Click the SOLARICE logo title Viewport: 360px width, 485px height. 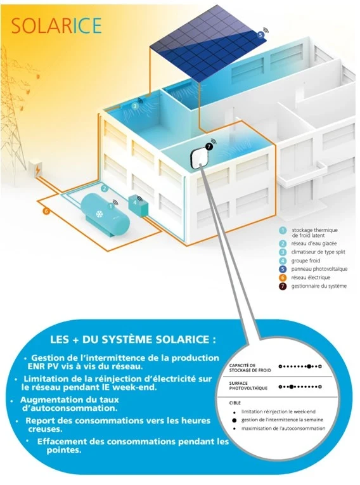(56, 25)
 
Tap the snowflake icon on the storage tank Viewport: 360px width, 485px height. (100, 214)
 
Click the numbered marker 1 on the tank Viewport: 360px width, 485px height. (112, 205)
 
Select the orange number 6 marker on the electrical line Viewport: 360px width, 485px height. (46, 211)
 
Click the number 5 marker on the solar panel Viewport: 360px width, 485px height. (260, 35)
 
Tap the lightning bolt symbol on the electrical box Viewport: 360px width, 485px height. (37, 170)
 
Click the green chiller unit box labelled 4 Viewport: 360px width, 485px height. (139, 205)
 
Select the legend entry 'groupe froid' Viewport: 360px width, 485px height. (305, 261)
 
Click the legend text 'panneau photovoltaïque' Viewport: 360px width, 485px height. (319, 269)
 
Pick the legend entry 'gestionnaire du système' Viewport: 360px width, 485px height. (319, 286)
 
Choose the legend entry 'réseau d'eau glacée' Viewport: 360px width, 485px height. (314, 243)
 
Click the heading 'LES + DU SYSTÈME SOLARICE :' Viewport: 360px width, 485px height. (133, 339)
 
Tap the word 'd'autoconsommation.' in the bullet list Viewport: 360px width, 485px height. (70, 408)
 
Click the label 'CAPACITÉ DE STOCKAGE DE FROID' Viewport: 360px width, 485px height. (250, 368)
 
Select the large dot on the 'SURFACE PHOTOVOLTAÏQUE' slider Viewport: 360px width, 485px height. (291, 387)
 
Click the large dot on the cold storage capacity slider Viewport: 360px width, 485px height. (309, 366)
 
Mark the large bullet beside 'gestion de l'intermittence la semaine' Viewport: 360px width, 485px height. (235, 420)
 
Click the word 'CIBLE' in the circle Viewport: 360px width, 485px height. (235, 403)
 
